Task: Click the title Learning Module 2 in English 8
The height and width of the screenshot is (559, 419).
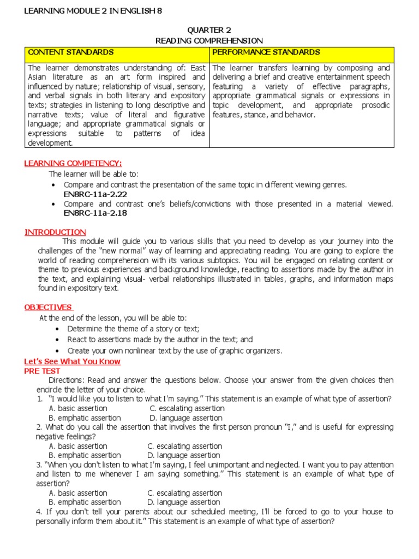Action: [x=93, y=11]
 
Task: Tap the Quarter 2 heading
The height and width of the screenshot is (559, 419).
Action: [x=209, y=30]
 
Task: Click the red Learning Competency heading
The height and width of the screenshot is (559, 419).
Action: [x=73, y=163]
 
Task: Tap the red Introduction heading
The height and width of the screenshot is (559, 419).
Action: [x=55, y=232]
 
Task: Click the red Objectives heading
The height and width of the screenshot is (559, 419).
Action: [x=49, y=307]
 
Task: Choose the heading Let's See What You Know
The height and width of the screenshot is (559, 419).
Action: [x=73, y=361]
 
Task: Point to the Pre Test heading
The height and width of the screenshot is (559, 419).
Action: [x=42, y=371]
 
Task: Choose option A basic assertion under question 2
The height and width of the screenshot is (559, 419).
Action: [x=78, y=446]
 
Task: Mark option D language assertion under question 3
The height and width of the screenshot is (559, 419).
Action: [x=184, y=502]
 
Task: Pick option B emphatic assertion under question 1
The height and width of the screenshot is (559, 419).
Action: [x=85, y=418]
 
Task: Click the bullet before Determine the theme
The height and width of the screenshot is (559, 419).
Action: [x=59, y=329]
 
